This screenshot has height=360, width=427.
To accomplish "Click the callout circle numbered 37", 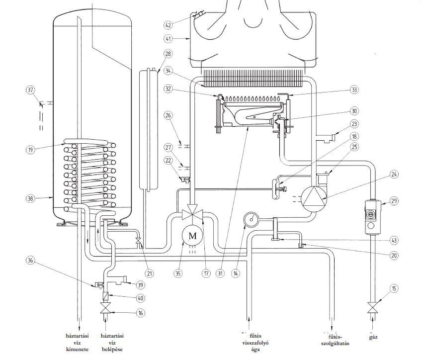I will tap(31, 90).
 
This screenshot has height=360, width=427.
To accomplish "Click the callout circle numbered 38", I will tap(31, 198).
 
